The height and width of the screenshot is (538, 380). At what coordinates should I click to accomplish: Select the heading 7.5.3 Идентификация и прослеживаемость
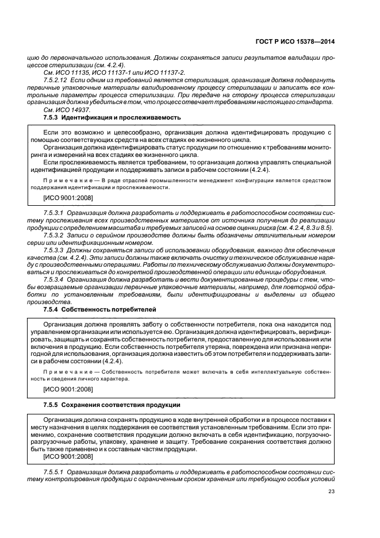(x=112, y=117)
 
